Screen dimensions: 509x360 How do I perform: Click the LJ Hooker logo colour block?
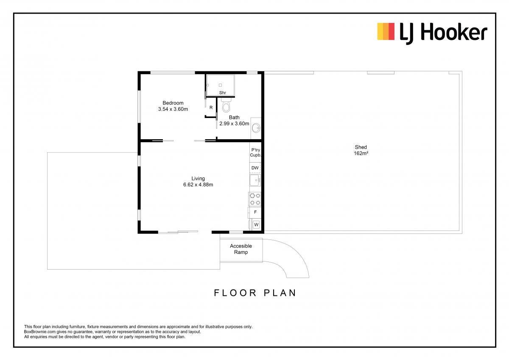pos(386,31)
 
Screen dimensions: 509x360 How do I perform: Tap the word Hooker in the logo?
pos(454,33)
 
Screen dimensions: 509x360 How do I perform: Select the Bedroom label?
pos(173,103)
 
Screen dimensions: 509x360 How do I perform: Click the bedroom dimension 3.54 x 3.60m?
pos(173,109)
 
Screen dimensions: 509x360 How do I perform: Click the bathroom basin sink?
pos(256,128)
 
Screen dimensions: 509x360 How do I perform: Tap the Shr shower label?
pos(223,93)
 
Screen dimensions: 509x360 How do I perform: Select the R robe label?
pos(211,107)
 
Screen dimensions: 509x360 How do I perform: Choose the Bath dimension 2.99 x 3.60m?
pos(234,124)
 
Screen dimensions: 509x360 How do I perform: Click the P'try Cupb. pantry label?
pos(255,152)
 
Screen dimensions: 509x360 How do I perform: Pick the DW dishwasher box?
pos(255,168)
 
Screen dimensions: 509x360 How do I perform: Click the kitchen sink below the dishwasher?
pos(255,180)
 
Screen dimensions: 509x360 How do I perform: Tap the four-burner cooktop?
pos(255,199)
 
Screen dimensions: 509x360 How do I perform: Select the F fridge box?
pos(255,212)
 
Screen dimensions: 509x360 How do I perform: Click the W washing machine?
pos(256,225)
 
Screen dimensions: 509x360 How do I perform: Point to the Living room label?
pos(198,179)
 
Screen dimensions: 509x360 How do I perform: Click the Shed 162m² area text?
pos(361,150)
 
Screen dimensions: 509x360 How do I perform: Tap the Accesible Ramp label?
pos(241,249)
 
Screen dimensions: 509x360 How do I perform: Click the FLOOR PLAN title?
pos(255,293)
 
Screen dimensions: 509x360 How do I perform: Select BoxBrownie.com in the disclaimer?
pos(40,332)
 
